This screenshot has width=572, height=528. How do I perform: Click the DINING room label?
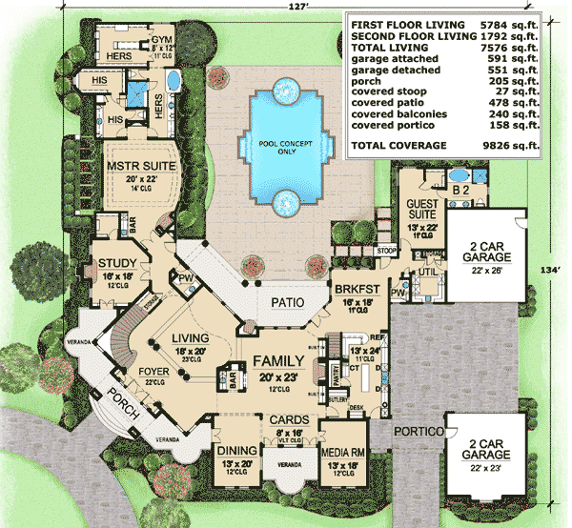point(237,451)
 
